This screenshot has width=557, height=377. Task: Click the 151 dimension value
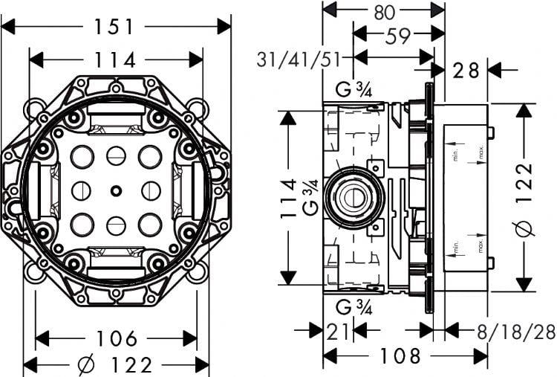point(114,27)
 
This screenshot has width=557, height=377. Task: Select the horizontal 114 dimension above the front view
point(114,59)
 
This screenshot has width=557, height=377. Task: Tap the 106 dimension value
point(117,338)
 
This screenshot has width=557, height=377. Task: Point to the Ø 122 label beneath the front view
point(114,365)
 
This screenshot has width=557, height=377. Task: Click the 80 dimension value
point(385,13)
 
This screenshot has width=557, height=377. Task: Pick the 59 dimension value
point(398,36)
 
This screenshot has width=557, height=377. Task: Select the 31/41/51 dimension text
point(299,59)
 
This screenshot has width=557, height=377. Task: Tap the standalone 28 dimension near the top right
point(466,71)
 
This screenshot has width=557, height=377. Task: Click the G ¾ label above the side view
point(354,89)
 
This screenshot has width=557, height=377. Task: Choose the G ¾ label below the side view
point(354,307)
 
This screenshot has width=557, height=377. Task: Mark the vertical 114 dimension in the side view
point(288,199)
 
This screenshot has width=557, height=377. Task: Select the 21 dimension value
point(337,332)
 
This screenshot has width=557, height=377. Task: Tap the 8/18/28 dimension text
point(516,332)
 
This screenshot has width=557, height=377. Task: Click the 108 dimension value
point(400,355)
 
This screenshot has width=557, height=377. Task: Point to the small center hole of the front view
point(116,191)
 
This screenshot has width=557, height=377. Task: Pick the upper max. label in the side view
point(481,152)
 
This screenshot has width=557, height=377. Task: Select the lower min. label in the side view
point(457,247)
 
